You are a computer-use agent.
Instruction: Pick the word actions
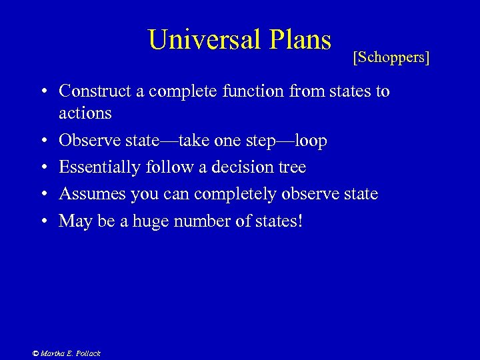coord(85,113)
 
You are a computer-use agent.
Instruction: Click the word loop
coord(307,141)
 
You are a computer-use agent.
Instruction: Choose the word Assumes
coord(87,193)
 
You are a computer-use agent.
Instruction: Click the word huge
coord(147,220)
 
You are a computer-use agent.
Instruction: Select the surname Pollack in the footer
coord(87,353)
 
